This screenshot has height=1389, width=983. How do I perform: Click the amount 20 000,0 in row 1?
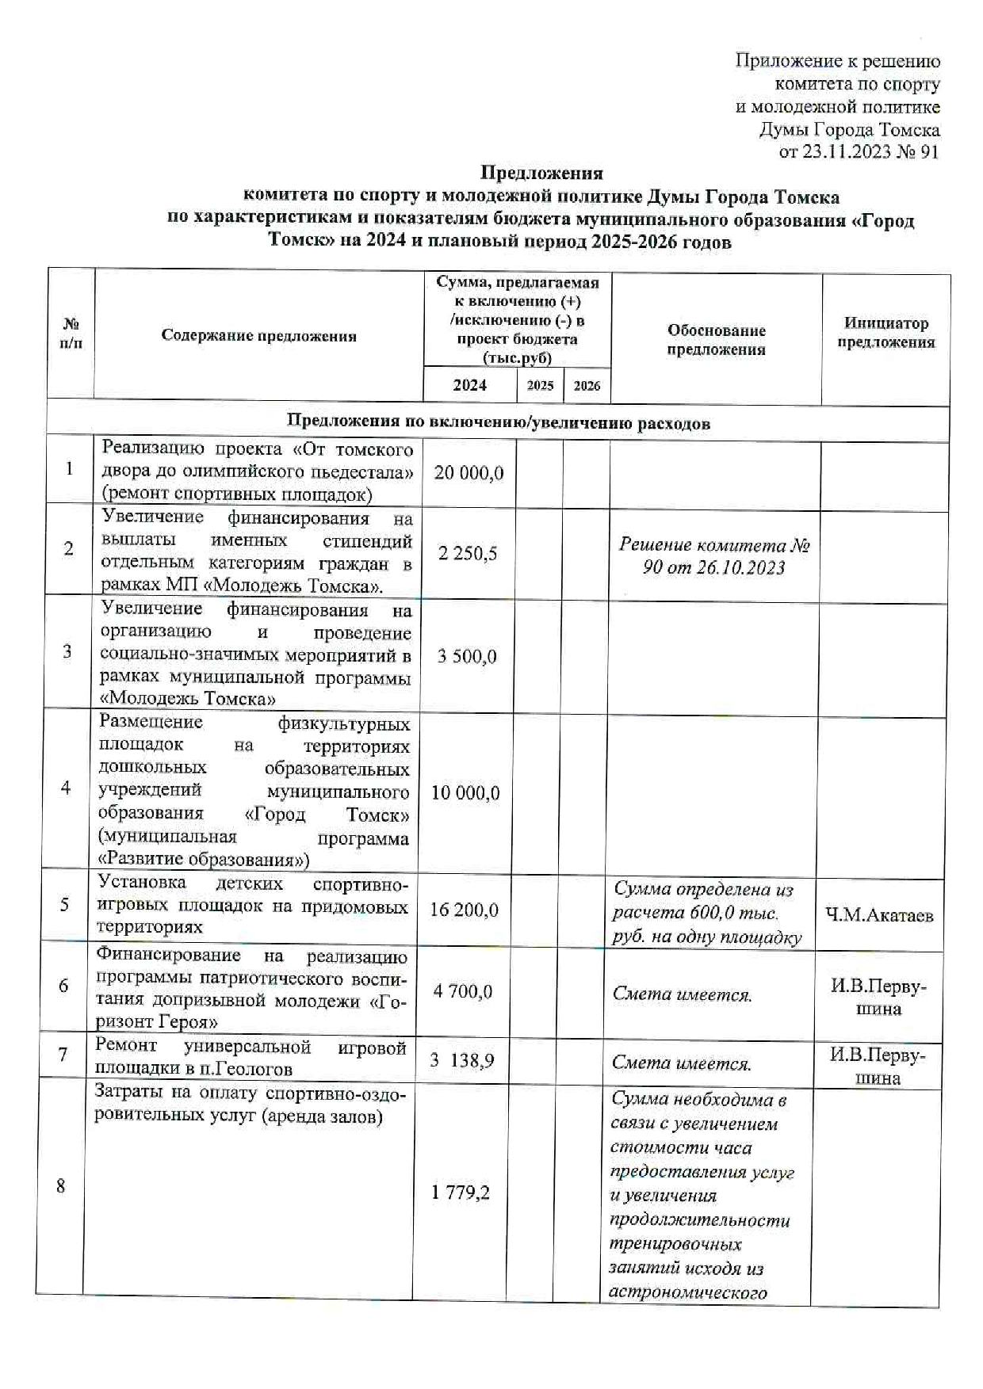pos(469,473)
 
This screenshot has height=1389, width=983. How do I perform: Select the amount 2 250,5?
pos(468,553)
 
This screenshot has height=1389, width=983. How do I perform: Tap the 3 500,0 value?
pos(467,656)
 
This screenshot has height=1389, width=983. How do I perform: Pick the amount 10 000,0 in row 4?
pos(465,793)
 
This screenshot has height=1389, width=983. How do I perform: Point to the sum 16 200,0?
pos(465,910)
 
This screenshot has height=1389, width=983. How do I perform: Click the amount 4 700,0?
pos(463,991)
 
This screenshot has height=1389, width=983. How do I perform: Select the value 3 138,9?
pos(462,1059)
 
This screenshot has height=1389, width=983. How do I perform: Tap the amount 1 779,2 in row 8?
pos(461,1192)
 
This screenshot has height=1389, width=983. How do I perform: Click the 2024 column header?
pos(469,385)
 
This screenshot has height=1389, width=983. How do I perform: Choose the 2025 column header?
pos(540,386)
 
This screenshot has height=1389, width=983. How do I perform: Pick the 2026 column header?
pos(587,386)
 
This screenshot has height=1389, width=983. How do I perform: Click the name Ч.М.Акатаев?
pos(879,915)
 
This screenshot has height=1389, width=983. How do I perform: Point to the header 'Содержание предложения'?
pos(258,335)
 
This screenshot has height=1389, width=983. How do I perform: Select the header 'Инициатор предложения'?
pos(886,333)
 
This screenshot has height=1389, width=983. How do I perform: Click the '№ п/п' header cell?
pos(71,334)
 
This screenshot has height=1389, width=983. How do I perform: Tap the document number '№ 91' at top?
pos(920,151)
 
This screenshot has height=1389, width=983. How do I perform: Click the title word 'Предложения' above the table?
pos(542,173)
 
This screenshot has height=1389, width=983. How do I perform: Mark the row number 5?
pos(65,904)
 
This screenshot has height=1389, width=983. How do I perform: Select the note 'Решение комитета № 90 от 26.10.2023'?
pos(714,555)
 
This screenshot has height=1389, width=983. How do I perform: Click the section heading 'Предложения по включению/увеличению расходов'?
pos(498,423)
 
